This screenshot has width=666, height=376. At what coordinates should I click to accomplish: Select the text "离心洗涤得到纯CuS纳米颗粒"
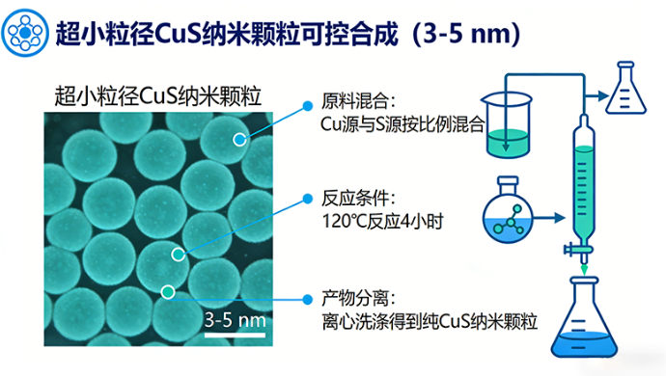pyautogui.click(x=426, y=318)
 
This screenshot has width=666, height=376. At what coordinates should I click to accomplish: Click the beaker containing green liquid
pyautogui.click(x=504, y=125)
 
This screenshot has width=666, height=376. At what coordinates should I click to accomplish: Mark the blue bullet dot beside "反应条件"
pyautogui.click(x=307, y=199)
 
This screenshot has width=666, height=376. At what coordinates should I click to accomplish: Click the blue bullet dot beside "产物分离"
pyautogui.click(x=307, y=295)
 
